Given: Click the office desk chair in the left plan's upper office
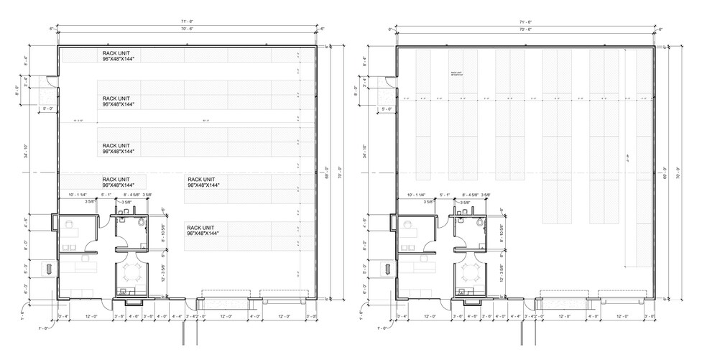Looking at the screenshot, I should [69, 224].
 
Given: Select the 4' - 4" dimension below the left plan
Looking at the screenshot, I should [177, 316].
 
